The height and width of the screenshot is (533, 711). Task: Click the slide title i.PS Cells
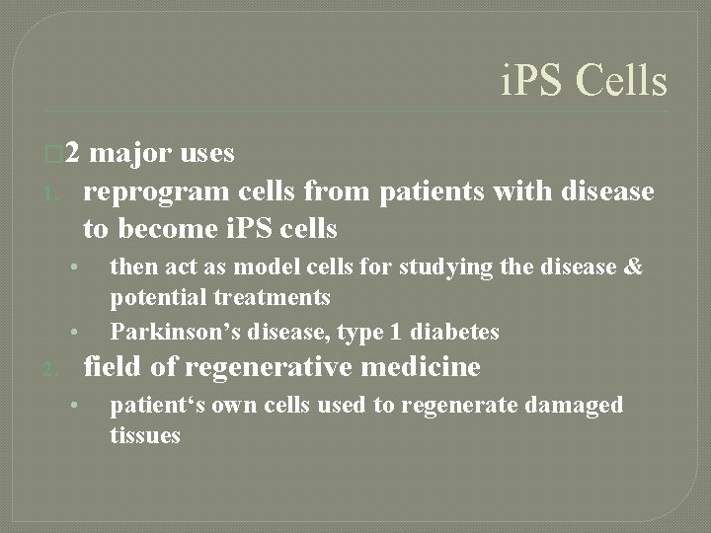coord(583,81)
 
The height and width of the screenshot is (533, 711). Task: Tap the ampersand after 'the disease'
coord(633,266)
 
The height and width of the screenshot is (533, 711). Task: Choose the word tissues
coord(145,435)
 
